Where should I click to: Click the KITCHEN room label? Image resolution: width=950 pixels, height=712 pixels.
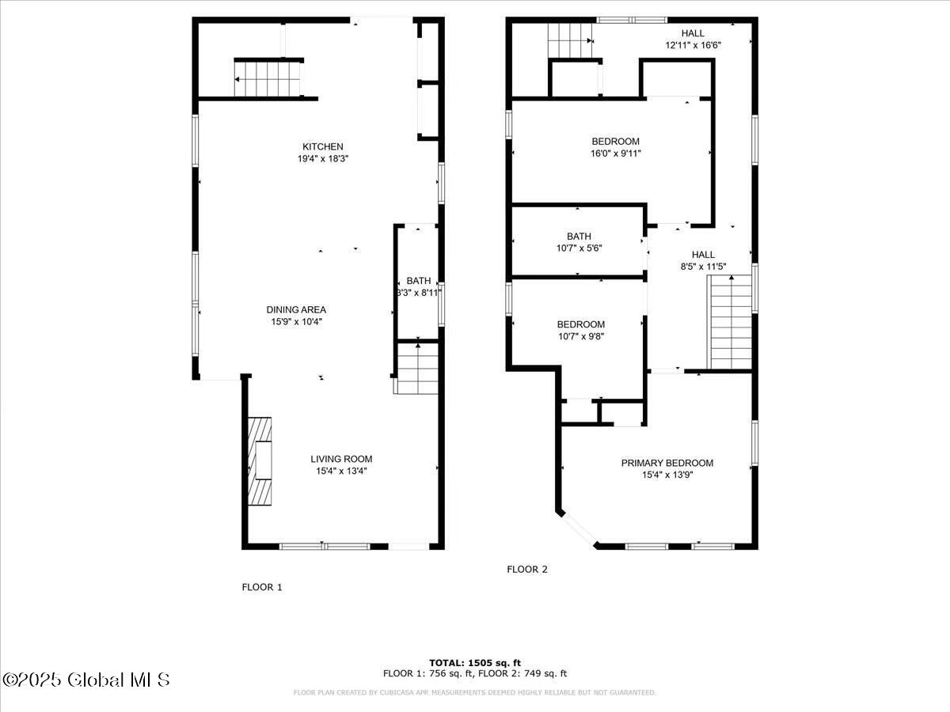[322, 146]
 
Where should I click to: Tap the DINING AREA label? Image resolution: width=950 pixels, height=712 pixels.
[296, 309]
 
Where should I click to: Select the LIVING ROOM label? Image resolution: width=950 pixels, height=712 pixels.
[340, 459]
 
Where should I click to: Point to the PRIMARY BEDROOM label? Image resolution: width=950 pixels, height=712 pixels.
[667, 463]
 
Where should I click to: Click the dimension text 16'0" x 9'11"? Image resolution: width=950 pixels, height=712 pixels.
[615, 153]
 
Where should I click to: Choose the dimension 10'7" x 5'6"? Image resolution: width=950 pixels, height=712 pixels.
[578, 248]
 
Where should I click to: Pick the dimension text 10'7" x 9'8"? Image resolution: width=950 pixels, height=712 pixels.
[580, 336]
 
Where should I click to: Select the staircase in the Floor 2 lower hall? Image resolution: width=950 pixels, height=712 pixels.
[730, 322]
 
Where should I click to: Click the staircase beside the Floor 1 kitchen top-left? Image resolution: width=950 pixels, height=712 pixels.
[268, 79]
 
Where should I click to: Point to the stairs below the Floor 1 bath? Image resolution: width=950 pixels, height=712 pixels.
[417, 369]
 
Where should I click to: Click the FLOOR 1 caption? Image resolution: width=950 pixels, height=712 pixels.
[261, 587]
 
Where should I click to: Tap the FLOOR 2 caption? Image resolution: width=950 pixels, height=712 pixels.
[526, 569]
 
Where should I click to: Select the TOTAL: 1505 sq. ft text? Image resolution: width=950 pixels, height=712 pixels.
[474, 663]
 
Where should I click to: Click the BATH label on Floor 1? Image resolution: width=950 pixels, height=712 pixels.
[419, 281]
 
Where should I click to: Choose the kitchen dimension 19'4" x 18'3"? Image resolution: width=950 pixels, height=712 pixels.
[322, 158]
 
